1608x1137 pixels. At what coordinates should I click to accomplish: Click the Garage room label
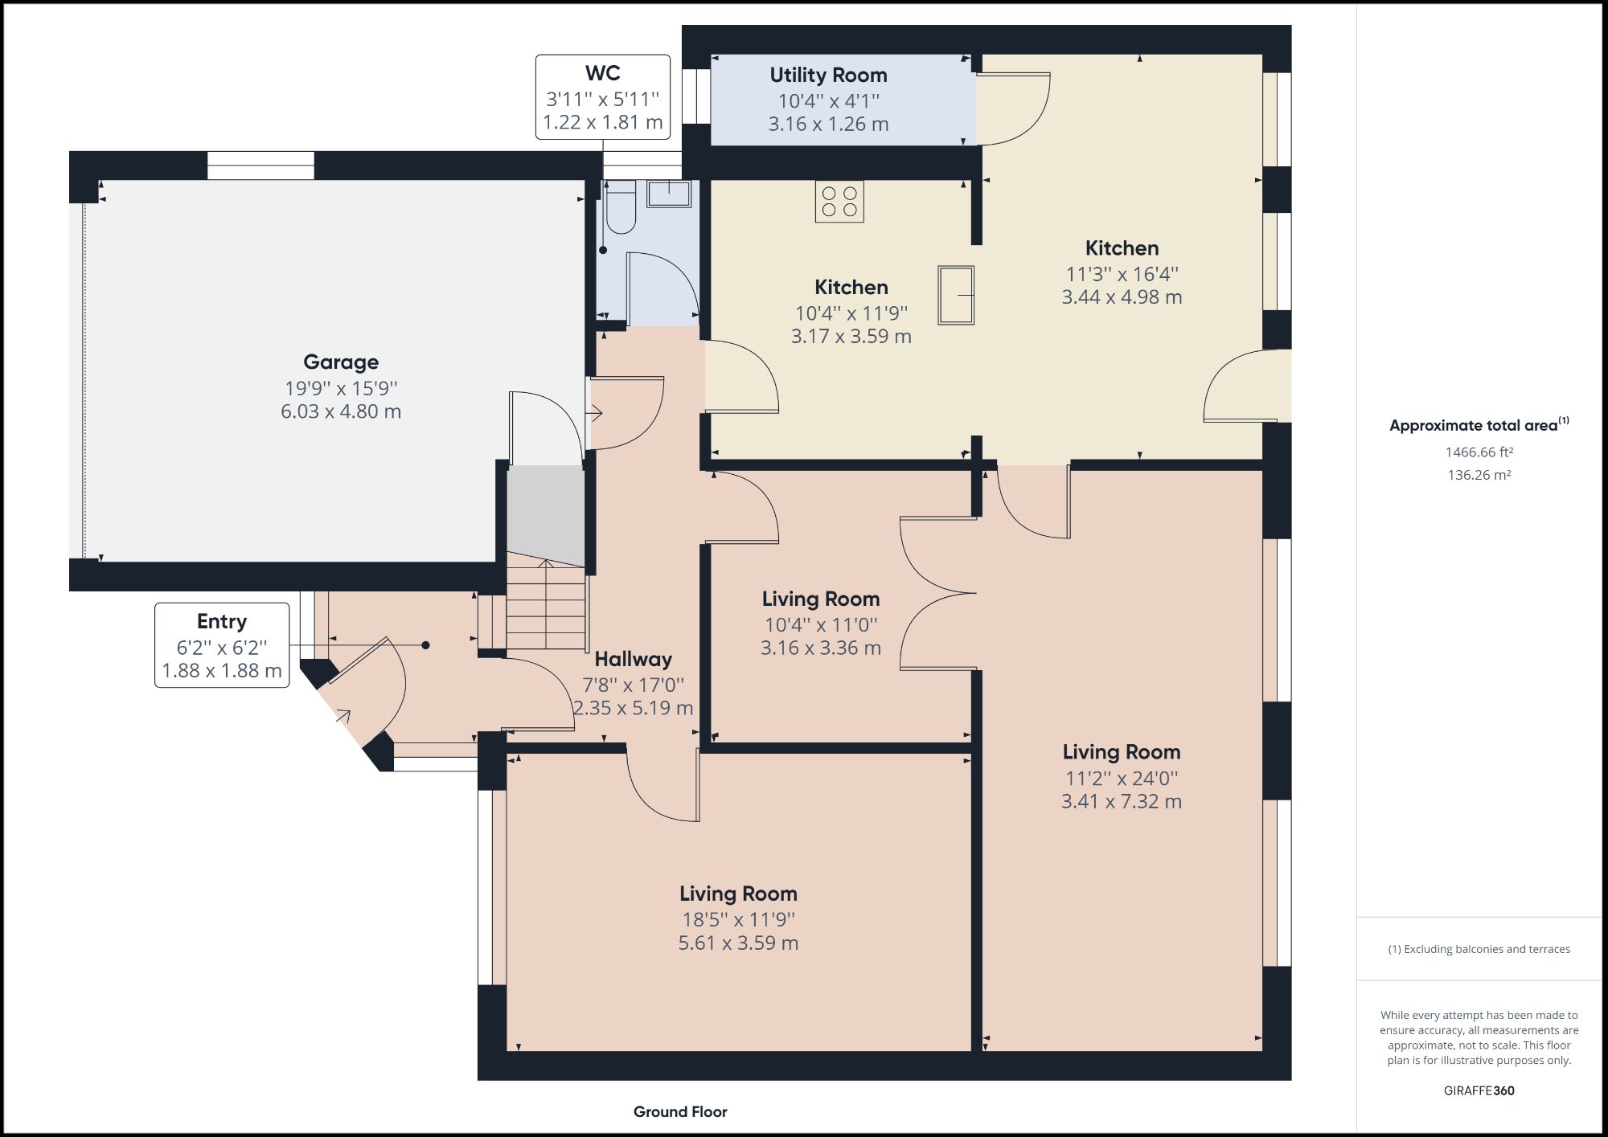340,362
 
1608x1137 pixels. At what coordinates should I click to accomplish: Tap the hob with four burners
839,201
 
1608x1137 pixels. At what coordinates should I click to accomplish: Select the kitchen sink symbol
956,295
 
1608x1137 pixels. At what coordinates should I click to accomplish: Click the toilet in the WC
620,210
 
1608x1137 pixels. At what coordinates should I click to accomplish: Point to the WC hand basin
669,194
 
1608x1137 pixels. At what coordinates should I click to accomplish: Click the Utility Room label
828,76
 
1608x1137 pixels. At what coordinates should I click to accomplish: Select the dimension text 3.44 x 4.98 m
1122,297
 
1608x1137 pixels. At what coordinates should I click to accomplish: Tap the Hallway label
633,660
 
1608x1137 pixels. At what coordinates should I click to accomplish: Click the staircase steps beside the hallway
546,607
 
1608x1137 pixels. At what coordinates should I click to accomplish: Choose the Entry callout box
222,645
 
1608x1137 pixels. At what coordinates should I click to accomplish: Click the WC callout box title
602,73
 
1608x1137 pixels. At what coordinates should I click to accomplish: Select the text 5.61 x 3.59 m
738,943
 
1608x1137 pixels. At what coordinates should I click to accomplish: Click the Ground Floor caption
680,1111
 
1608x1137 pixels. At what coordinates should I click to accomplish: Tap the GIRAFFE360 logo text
1479,1090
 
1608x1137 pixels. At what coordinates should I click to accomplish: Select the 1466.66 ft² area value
1479,452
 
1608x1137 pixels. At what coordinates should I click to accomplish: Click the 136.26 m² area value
1479,475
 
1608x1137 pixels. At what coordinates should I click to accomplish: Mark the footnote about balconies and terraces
1479,949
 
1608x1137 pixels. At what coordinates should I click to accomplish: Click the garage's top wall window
260,166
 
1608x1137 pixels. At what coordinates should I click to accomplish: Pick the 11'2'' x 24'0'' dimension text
1122,778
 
